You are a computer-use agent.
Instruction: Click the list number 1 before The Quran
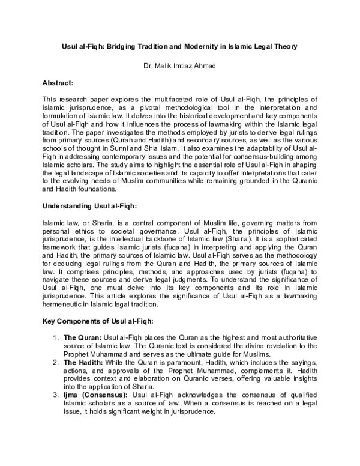point(55,339)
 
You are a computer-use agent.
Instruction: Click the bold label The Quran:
point(83,339)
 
